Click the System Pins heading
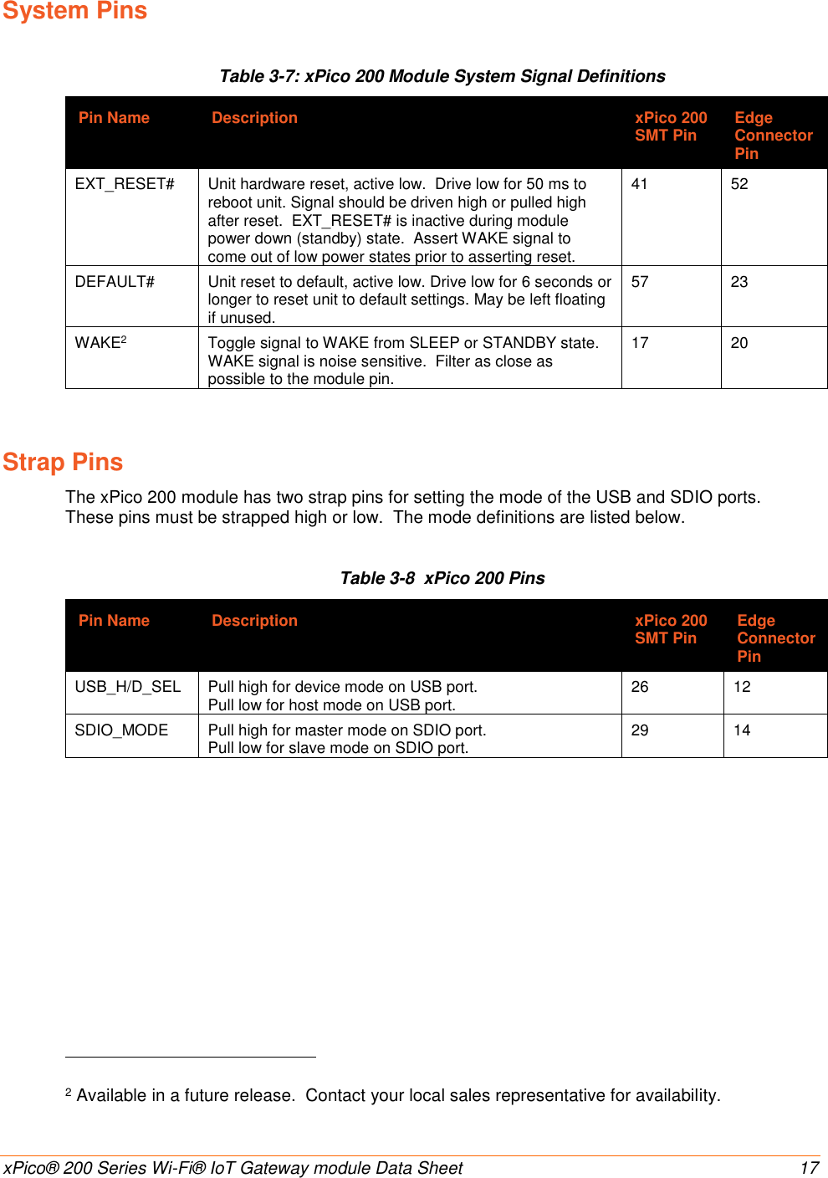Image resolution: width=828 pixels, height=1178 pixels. (74, 12)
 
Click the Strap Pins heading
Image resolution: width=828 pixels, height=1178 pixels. (63, 462)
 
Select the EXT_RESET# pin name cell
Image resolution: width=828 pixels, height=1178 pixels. (125, 184)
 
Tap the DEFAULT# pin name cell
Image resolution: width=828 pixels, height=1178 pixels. (115, 282)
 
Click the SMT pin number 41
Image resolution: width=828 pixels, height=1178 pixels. (640, 184)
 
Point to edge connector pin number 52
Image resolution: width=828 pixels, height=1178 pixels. (739, 184)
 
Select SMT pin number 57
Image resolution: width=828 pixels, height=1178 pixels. (640, 282)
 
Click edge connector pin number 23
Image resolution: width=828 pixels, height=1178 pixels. (739, 282)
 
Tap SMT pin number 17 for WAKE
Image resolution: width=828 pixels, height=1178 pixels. (640, 343)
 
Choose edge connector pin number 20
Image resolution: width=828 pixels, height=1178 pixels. (739, 343)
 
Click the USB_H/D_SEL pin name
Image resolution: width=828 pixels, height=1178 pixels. (128, 687)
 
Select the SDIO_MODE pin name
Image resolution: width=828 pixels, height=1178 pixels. (121, 730)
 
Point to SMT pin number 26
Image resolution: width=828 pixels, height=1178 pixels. (640, 687)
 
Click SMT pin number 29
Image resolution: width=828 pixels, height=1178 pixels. (640, 730)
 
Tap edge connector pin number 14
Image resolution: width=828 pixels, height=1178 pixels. (742, 730)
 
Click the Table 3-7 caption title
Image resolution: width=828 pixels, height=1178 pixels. (442, 76)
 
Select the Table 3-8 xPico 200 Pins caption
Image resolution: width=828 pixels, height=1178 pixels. (442, 578)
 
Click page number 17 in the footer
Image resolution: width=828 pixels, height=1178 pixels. (809, 1168)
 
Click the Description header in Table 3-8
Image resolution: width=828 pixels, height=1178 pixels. (254, 621)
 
